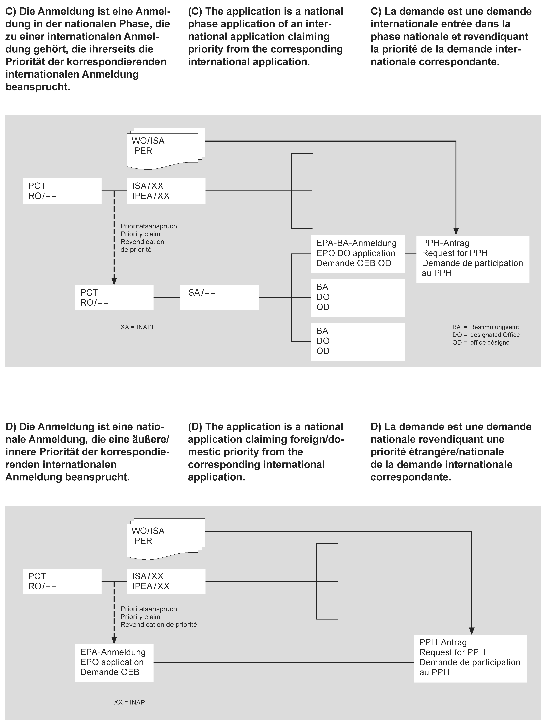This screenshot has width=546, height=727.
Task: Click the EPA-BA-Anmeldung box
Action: (358, 254)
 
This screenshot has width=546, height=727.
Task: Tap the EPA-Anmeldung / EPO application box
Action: (114, 662)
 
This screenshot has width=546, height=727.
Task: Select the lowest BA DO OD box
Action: (358, 342)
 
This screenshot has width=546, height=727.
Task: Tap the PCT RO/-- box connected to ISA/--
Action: (114, 297)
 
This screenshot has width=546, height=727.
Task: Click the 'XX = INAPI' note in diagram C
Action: (137, 327)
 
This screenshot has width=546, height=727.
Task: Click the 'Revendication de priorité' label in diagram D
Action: (159, 624)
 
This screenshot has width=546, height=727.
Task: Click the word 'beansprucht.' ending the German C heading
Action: (38, 87)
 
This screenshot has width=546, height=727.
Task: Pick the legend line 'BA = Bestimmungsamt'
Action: (486, 327)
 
